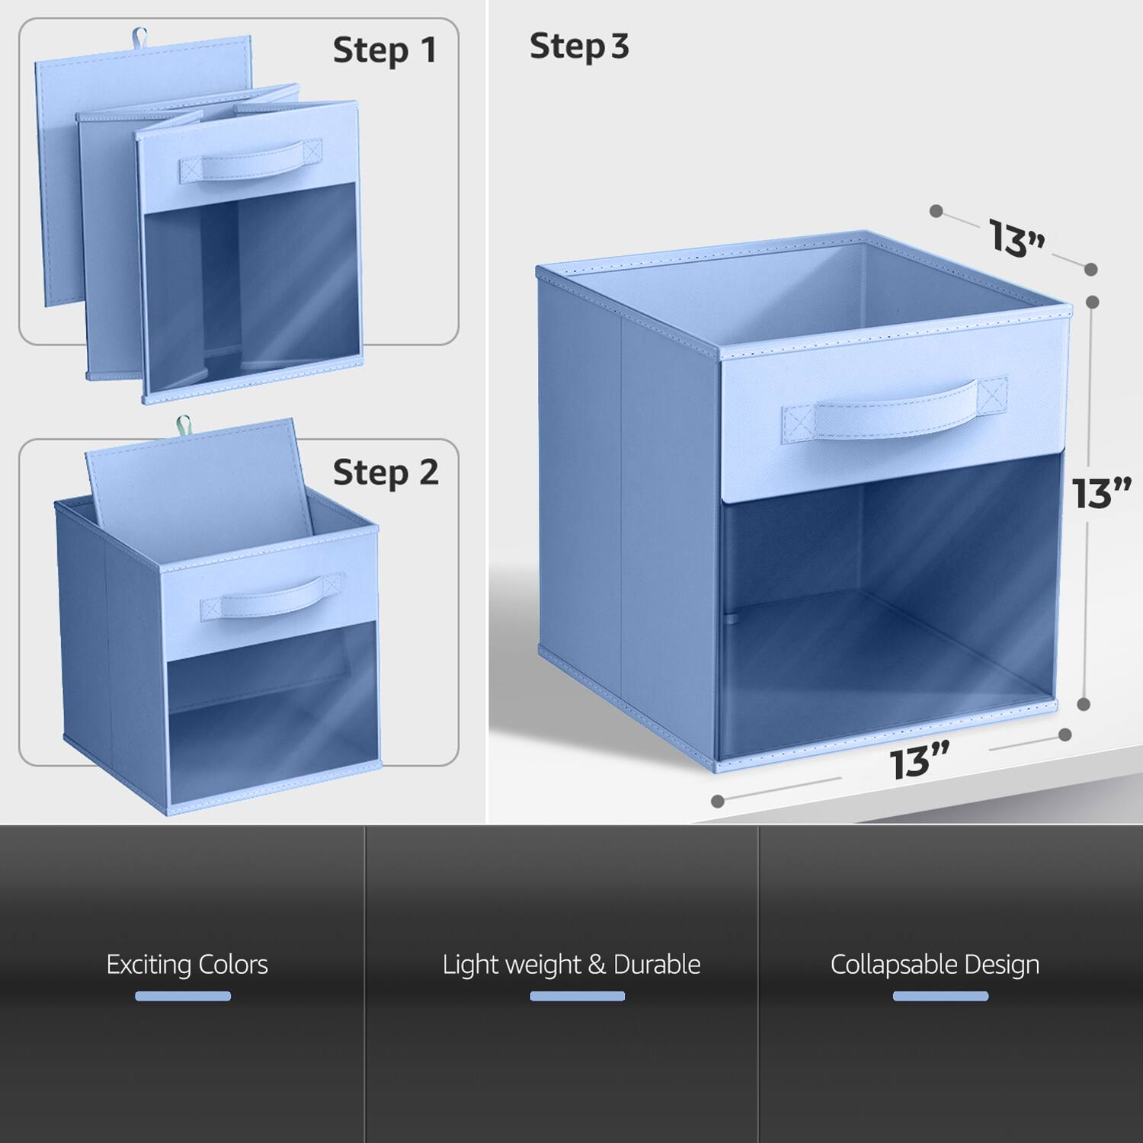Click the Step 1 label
point(385,51)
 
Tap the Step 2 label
point(386,473)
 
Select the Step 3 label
point(579,46)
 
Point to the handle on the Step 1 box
point(251,162)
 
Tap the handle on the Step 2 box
point(272,597)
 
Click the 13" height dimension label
point(1101,494)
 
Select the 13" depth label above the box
point(1017,239)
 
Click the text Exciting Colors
point(187,965)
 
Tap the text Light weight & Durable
point(571,965)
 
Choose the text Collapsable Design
point(935,965)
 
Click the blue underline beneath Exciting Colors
point(183,996)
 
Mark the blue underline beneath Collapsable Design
point(940,996)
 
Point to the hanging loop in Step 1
point(139,36)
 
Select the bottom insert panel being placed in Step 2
point(198,484)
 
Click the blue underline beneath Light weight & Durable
point(577,996)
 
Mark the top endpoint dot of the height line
point(1092,302)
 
